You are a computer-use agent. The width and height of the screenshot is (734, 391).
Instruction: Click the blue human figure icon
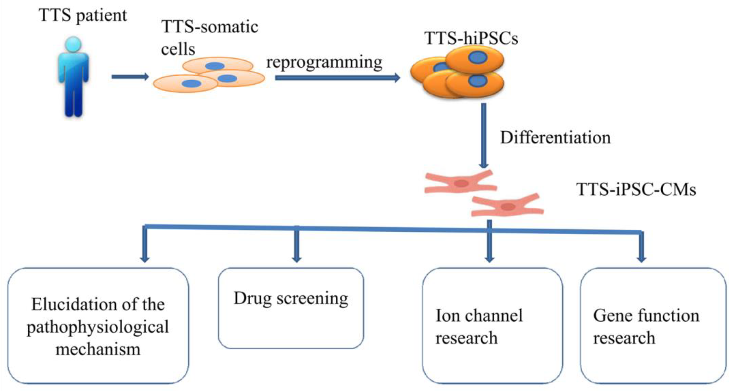73,76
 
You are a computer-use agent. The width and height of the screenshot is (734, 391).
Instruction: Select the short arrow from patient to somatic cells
130,77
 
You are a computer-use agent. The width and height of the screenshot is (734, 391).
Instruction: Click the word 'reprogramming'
324,63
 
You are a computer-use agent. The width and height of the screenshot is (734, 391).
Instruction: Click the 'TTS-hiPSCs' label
471,38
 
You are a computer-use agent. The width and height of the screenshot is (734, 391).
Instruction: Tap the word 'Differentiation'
555,138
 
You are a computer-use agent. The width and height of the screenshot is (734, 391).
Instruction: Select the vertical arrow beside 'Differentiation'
483,136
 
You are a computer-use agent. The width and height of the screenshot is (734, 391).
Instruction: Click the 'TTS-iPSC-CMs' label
636,189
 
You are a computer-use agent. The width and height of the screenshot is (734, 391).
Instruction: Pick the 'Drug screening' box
291,308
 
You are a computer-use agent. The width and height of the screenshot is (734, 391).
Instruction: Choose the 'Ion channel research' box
492,326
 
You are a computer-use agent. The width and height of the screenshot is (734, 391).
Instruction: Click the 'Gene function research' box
653,326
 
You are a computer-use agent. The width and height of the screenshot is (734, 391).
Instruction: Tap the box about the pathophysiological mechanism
98,326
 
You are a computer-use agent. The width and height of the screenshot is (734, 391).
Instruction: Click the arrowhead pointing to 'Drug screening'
297,258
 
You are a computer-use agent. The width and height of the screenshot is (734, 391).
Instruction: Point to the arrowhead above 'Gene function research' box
641,258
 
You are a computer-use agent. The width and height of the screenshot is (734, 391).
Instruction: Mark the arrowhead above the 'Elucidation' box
144,258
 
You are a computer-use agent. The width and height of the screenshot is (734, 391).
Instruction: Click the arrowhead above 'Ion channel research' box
489,258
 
